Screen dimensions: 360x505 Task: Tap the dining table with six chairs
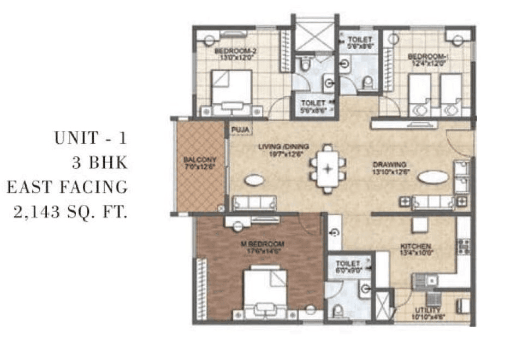pyautogui.click(x=327, y=168)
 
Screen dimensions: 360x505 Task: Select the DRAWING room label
pyautogui.click(x=389, y=164)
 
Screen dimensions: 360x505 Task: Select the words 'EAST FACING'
pyautogui.click(x=67, y=187)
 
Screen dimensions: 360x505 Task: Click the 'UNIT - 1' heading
pyautogui.click(x=90, y=138)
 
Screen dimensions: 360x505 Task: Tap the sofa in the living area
pyautogui.click(x=254, y=203)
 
